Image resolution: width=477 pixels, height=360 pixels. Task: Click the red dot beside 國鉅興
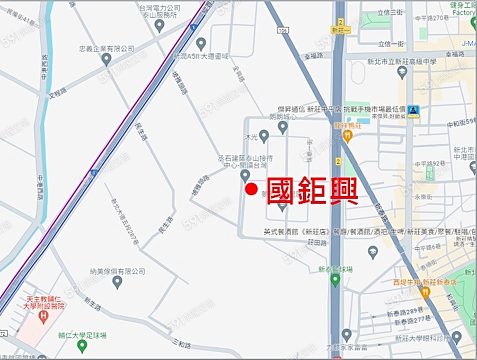252,189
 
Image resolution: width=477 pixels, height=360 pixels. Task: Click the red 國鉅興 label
312,191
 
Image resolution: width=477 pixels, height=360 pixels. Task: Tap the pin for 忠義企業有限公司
107,59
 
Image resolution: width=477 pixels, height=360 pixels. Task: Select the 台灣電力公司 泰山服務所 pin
160,25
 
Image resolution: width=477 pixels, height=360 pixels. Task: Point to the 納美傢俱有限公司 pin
117,282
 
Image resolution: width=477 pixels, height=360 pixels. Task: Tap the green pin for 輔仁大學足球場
82,346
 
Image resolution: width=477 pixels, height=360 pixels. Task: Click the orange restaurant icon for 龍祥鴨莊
347,137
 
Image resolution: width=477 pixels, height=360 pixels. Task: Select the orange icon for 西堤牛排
425,292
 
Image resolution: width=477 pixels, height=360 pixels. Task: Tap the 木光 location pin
264,136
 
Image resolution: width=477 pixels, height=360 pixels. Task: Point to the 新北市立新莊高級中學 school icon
402,72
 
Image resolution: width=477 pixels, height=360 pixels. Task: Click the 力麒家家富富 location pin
347,335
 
